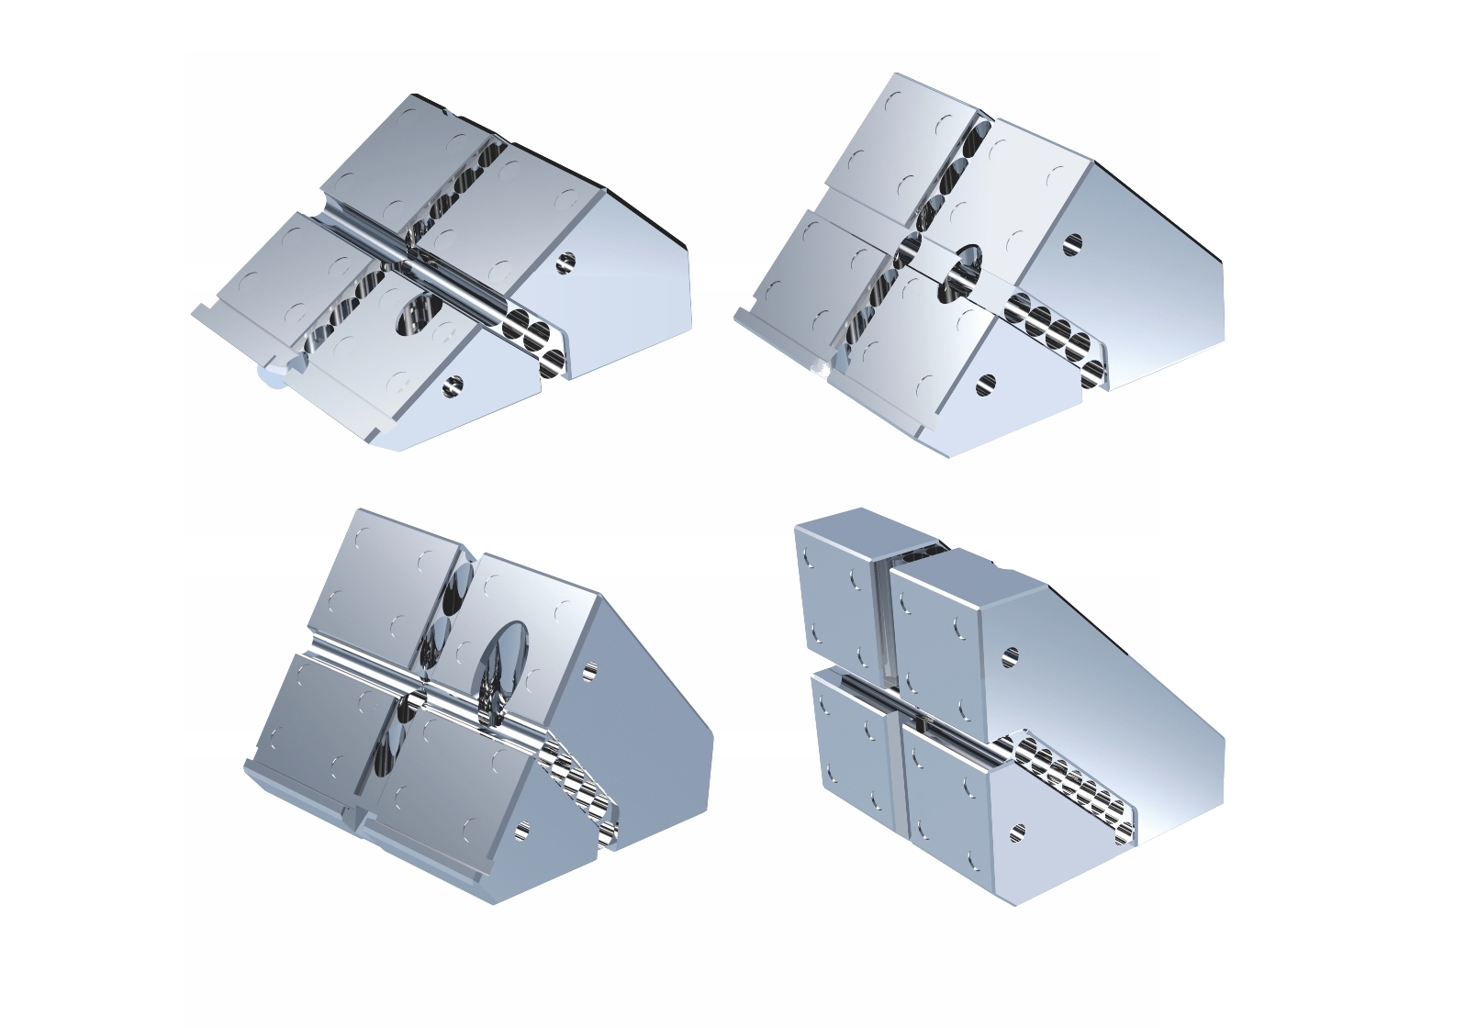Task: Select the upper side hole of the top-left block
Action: click(x=566, y=262)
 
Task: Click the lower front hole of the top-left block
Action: click(x=451, y=386)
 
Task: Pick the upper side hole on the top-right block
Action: click(x=1071, y=244)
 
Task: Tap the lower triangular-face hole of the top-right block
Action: click(x=986, y=385)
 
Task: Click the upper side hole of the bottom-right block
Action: click(x=1010, y=657)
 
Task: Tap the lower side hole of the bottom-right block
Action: click(x=1017, y=833)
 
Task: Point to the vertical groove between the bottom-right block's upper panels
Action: click(x=884, y=615)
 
